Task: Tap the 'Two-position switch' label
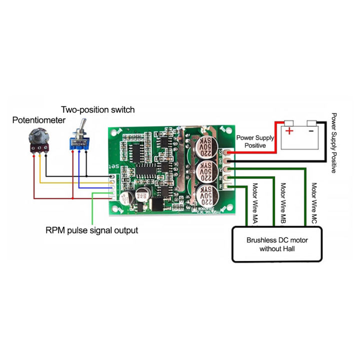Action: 98,109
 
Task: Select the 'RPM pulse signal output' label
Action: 91,230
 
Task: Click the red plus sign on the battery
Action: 288,132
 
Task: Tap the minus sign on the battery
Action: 311,132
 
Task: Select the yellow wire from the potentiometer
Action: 65,182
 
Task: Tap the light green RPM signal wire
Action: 92,210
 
